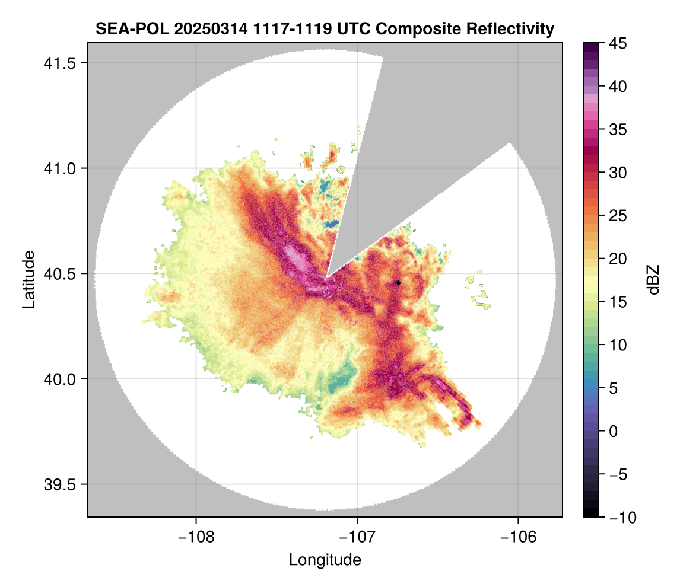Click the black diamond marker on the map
click(x=398, y=283)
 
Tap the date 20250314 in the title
click(x=200, y=28)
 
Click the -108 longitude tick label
click(x=195, y=537)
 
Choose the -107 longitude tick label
click(x=357, y=537)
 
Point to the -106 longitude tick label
click(x=519, y=537)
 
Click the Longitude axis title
click(x=325, y=560)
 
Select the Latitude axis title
click(x=28, y=279)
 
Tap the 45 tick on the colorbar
click(x=617, y=43)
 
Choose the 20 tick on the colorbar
click(x=617, y=259)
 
